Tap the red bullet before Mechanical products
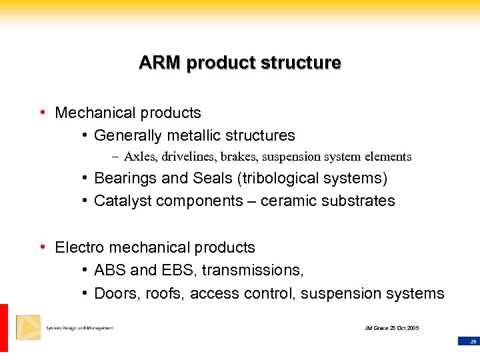point(43,113)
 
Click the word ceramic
point(287,201)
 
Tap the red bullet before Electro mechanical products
point(43,247)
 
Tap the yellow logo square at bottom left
point(28,327)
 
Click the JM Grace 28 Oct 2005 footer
point(392,328)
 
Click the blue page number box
point(469,341)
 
